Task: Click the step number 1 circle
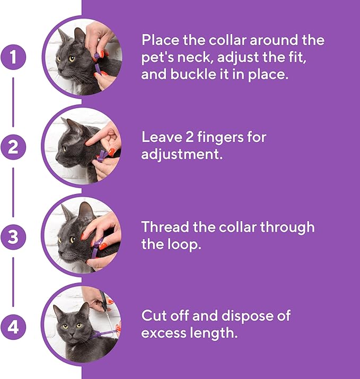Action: click(14, 57)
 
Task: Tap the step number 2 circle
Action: click(14, 147)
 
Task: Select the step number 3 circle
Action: click(14, 237)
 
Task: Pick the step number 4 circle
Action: click(14, 327)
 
